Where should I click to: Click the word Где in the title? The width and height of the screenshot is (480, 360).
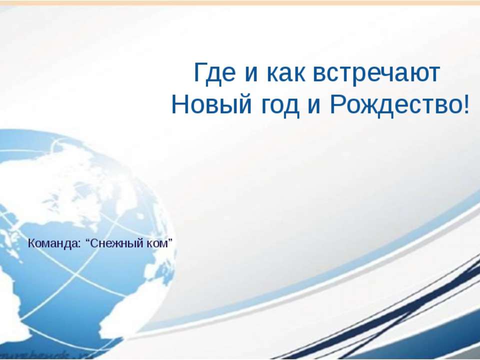(x=215, y=73)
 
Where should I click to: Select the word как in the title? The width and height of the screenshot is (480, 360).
(x=286, y=74)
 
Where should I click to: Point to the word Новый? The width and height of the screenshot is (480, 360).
(x=211, y=104)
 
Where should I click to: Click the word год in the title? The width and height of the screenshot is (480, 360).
(x=279, y=106)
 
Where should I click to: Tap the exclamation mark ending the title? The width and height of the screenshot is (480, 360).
(x=466, y=104)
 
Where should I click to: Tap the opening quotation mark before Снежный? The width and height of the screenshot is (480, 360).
(x=88, y=240)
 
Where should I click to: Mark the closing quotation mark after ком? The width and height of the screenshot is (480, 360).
(x=170, y=240)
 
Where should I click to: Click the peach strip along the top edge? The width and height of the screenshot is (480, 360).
(x=240, y=2)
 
